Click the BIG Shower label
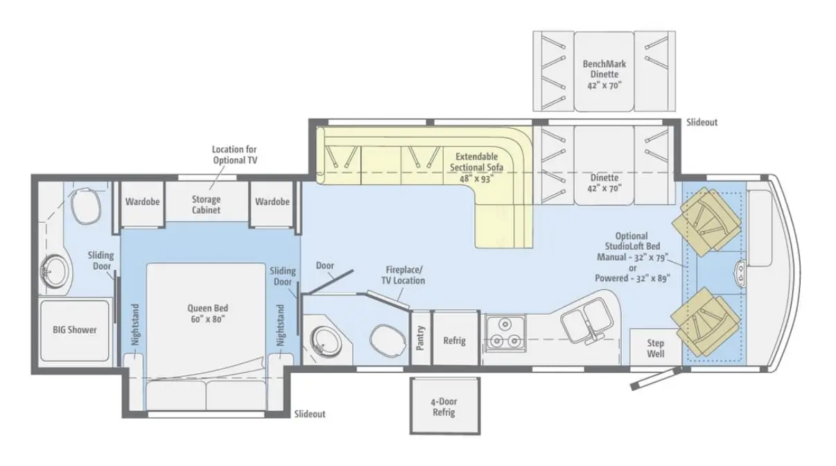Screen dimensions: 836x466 [75, 329]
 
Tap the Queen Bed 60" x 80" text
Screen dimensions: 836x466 [207, 313]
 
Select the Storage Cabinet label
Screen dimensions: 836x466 [206, 205]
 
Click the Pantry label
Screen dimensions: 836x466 [420, 338]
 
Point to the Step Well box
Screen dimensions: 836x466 [656, 347]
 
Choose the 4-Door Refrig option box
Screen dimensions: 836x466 [445, 406]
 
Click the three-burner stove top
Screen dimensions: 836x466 [505, 333]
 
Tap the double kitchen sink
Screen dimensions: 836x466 [587, 320]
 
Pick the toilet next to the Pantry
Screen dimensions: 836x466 [387, 340]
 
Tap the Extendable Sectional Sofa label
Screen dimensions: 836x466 [477, 167]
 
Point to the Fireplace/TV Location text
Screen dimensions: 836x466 [403, 275]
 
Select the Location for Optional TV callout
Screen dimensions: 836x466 [235, 155]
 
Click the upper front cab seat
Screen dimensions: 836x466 [706, 221]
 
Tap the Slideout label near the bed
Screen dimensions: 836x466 [310, 414]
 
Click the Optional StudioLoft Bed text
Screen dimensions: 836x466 [632, 241]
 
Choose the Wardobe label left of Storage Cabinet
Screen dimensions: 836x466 [143, 202]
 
